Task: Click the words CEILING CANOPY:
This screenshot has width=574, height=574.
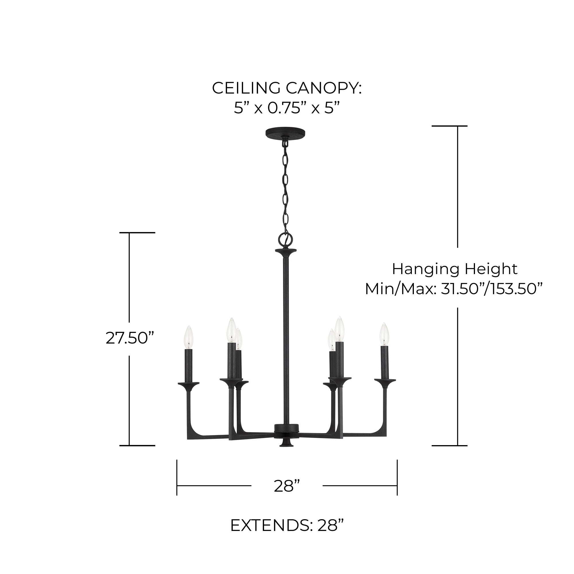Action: (x=287, y=88)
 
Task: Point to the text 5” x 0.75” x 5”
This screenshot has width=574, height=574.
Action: (x=287, y=108)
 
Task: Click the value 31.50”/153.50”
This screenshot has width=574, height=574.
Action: (x=492, y=289)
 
